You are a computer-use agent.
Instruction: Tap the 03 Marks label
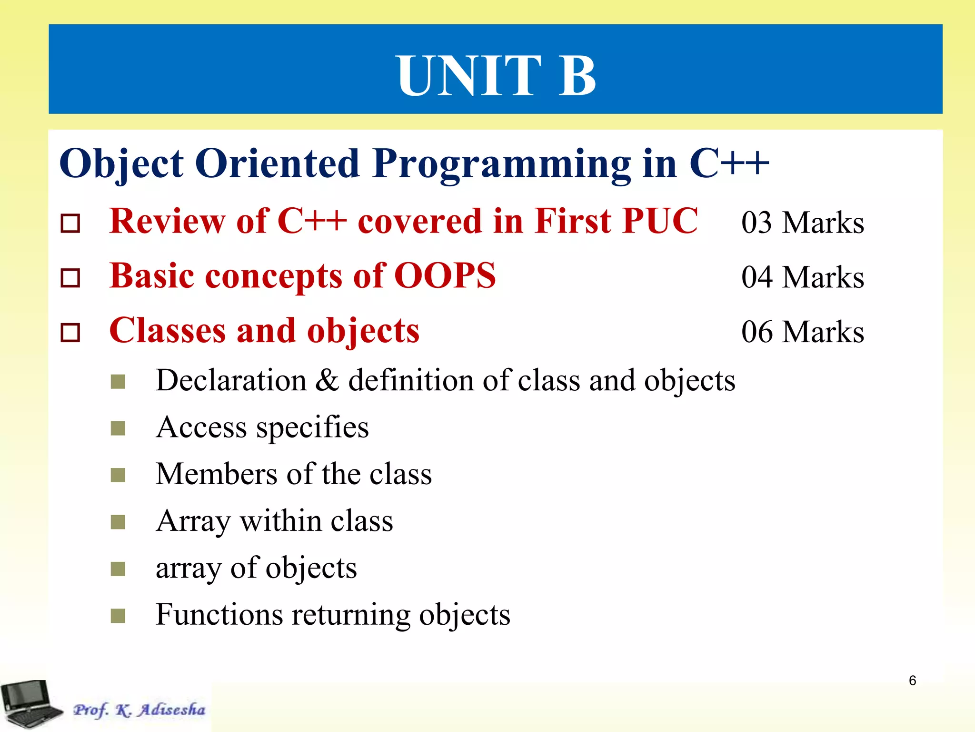pyautogui.click(x=802, y=223)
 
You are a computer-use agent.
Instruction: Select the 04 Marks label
pyautogui.click(x=802, y=277)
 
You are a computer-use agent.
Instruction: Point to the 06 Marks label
pyautogui.click(x=802, y=332)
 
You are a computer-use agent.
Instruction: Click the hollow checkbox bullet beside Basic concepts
pyautogui.click(x=70, y=278)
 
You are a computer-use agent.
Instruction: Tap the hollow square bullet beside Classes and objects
pyautogui.click(x=70, y=333)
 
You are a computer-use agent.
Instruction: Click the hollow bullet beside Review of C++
pyautogui.click(x=70, y=223)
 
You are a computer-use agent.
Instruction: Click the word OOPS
pyautogui.click(x=445, y=276)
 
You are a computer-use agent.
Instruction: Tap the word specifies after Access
pyautogui.click(x=312, y=427)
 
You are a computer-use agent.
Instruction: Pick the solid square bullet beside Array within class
pyautogui.click(x=118, y=522)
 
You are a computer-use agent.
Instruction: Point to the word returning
pyautogui.click(x=351, y=615)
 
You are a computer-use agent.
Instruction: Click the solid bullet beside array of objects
pyautogui.click(x=118, y=569)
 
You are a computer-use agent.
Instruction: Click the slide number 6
pyautogui.click(x=912, y=681)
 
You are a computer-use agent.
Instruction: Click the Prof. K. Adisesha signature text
pyautogui.click(x=139, y=710)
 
